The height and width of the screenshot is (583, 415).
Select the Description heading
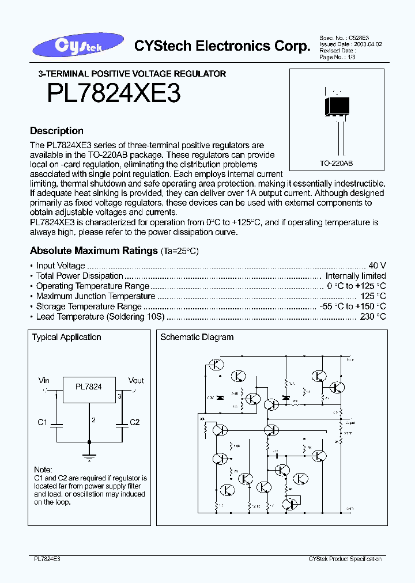coord(56,131)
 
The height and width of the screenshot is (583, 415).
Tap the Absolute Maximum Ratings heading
coord(93,251)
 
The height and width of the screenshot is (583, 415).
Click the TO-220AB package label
coord(337,164)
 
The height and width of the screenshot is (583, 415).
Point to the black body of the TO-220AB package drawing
coord(336,107)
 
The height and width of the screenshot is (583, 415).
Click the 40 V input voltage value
coord(377,266)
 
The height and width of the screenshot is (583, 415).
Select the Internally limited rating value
coord(356,276)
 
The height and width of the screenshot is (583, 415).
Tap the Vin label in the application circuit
coord(44,381)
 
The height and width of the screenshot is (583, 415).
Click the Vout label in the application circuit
coord(136,381)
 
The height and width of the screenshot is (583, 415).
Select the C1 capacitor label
coord(42,422)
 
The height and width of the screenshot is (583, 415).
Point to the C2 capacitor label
coord(134,422)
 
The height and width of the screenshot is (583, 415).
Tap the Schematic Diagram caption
coord(197,337)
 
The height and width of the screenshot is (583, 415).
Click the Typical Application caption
coord(66,337)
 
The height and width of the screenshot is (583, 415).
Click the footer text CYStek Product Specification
coord(345,559)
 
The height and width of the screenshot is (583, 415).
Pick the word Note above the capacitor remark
coord(43,470)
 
